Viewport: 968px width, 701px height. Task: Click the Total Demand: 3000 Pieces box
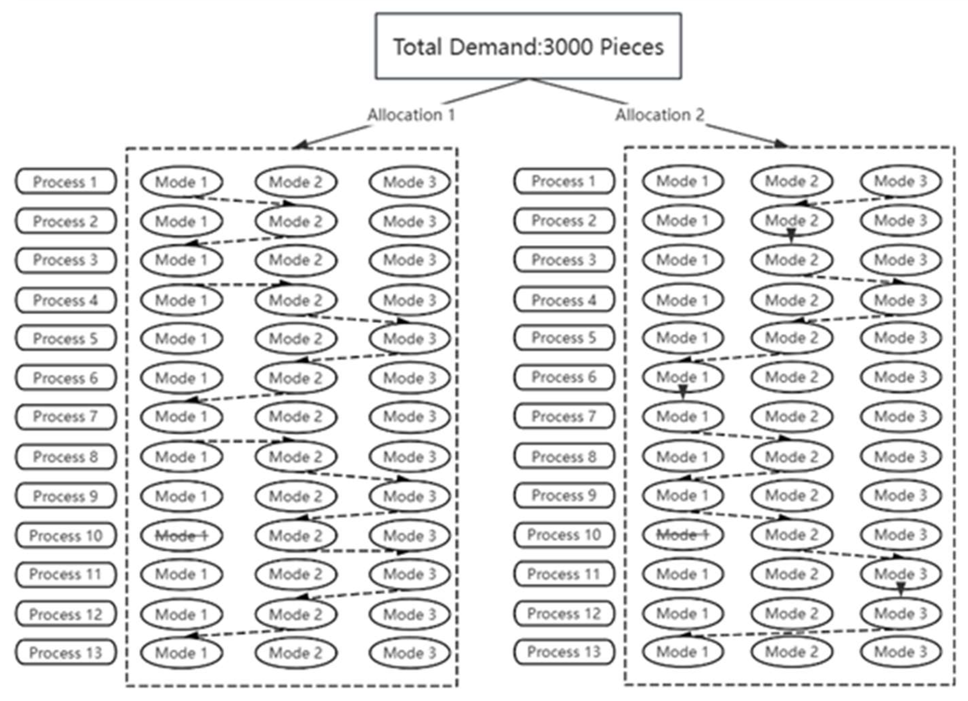528,46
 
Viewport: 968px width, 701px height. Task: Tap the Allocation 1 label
411,115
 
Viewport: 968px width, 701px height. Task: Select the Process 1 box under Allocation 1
66,182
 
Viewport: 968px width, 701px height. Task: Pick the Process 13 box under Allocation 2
564,652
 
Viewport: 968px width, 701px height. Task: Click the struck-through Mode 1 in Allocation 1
181,535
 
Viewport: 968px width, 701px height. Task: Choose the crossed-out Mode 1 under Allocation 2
682,535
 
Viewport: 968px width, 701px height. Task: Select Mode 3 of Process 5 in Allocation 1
410,338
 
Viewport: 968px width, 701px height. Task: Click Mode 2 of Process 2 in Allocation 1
296,221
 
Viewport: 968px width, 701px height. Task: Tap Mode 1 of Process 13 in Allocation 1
181,653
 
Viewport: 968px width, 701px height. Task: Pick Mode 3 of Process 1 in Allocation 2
901,181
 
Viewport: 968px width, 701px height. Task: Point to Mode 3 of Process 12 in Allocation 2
901,613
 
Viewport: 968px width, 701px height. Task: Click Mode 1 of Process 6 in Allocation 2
682,377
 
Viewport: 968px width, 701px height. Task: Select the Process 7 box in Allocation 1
66,417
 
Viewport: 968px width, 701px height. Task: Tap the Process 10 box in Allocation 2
564,535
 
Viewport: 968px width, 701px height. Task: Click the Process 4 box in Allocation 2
564,300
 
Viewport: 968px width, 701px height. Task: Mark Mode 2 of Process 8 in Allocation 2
791,457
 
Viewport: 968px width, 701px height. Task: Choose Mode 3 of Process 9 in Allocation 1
410,496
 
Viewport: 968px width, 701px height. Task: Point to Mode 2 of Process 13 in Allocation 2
791,652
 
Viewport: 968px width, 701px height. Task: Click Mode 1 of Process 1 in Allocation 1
181,182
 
